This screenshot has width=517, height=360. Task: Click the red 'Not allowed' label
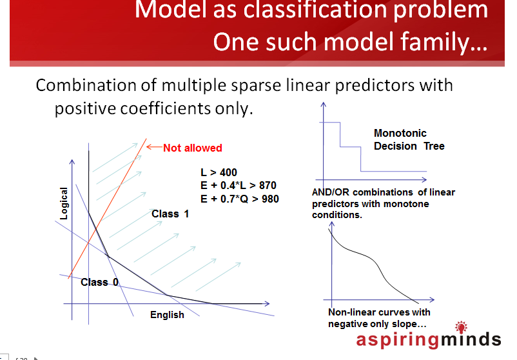coord(193,148)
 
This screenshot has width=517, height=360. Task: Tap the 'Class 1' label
coord(170,214)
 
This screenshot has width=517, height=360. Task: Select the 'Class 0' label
coord(99,282)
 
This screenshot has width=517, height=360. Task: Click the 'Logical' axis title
coord(63,203)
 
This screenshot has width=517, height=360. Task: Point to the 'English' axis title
coord(167,315)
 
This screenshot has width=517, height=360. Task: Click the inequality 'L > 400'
coord(219,172)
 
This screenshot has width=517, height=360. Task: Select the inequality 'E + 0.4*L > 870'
coord(239,185)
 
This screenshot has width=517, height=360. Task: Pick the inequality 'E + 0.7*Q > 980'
coord(240,199)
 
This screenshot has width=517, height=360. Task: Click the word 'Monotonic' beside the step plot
coord(400,133)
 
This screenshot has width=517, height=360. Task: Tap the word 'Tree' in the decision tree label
coord(434,146)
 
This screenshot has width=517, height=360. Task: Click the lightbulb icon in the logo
coord(462,327)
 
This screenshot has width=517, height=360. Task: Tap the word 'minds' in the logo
coord(471,339)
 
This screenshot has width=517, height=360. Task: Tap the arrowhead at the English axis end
coord(267,304)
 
